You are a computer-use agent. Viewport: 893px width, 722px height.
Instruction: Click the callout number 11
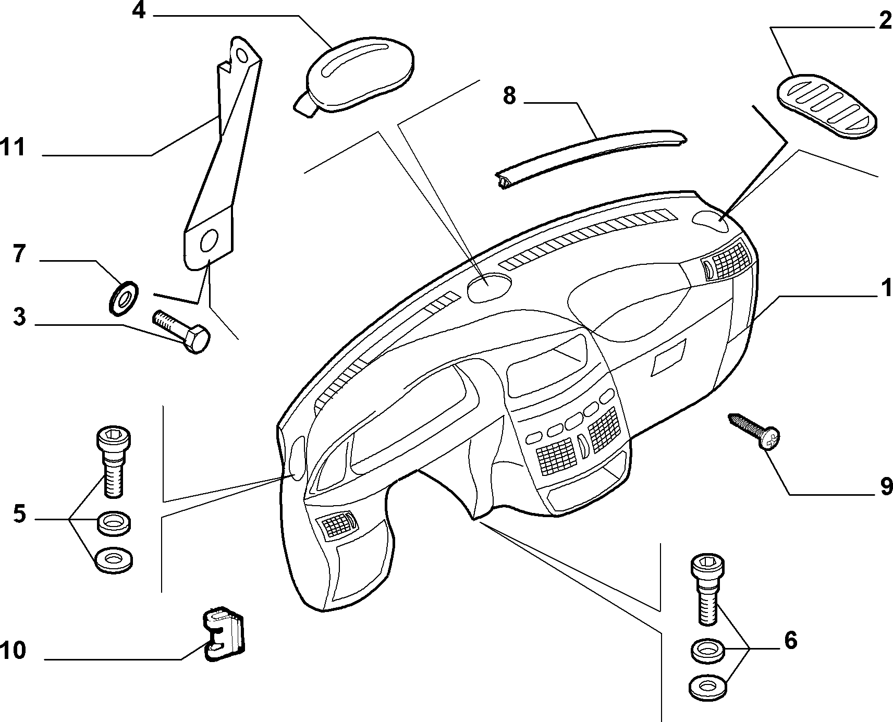click(x=13, y=148)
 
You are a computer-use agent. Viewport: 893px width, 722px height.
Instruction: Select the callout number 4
click(x=139, y=10)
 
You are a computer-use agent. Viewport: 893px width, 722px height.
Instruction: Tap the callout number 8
click(x=509, y=96)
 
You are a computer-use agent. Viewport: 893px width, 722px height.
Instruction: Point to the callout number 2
click(x=885, y=21)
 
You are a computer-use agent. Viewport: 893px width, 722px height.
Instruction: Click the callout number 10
click(x=13, y=651)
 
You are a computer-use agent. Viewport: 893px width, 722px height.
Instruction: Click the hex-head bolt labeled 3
click(x=181, y=332)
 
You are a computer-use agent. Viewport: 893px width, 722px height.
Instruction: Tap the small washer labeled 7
click(x=123, y=298)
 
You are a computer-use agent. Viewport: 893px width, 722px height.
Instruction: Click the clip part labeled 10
click(x=223, y=633)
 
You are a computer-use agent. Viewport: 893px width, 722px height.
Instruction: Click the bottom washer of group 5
click(x=114, y=560)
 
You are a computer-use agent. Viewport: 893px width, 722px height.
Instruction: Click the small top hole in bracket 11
click(x=241, y=55)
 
